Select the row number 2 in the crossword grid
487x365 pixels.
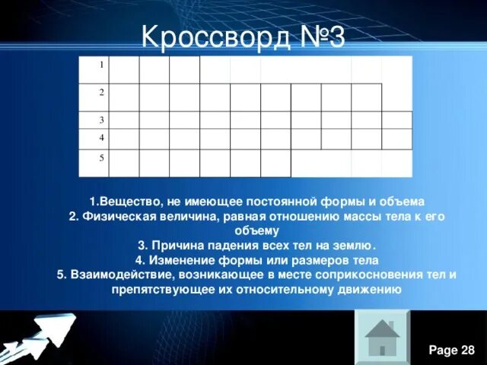[x=101, y=91]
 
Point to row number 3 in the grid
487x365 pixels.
[x=101, y=120]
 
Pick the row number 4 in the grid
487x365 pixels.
[x=101, y=137]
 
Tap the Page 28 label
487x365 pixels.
[x=452, y=350]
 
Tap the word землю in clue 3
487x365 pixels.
[x=355, y=246]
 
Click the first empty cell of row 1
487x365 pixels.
[x=124, y=69]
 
